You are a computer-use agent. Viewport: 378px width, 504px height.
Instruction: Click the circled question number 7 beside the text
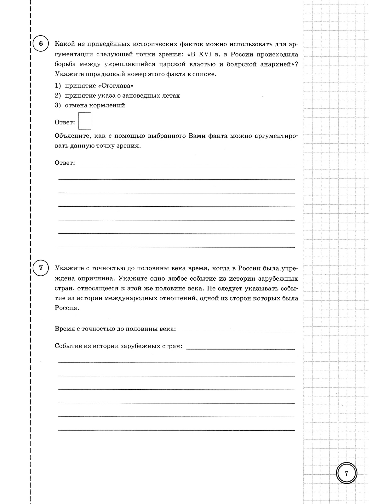point(41,268)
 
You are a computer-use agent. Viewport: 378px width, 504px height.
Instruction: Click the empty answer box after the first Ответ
point(84,121)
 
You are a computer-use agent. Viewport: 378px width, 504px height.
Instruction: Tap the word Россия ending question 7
point(66,308)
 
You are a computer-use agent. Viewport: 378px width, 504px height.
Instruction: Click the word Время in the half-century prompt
point(64,329)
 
